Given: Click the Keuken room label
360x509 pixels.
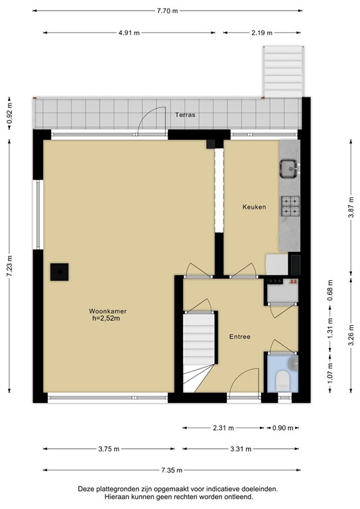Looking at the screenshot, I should pos(254,207).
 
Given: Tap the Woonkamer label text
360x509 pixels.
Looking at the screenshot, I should pos(109,315).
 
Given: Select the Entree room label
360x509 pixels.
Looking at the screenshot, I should pos(240,337).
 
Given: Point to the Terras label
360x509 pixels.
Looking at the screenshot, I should pos(184,115).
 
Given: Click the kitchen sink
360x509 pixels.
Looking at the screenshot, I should pos(289,170).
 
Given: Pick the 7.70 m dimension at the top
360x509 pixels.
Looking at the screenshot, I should pos(168,11).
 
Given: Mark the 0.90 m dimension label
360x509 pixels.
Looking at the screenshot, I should pos(282,427).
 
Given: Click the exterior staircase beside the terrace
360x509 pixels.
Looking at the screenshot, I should pos(284,71).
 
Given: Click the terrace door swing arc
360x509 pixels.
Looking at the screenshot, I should pos(154,119).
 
